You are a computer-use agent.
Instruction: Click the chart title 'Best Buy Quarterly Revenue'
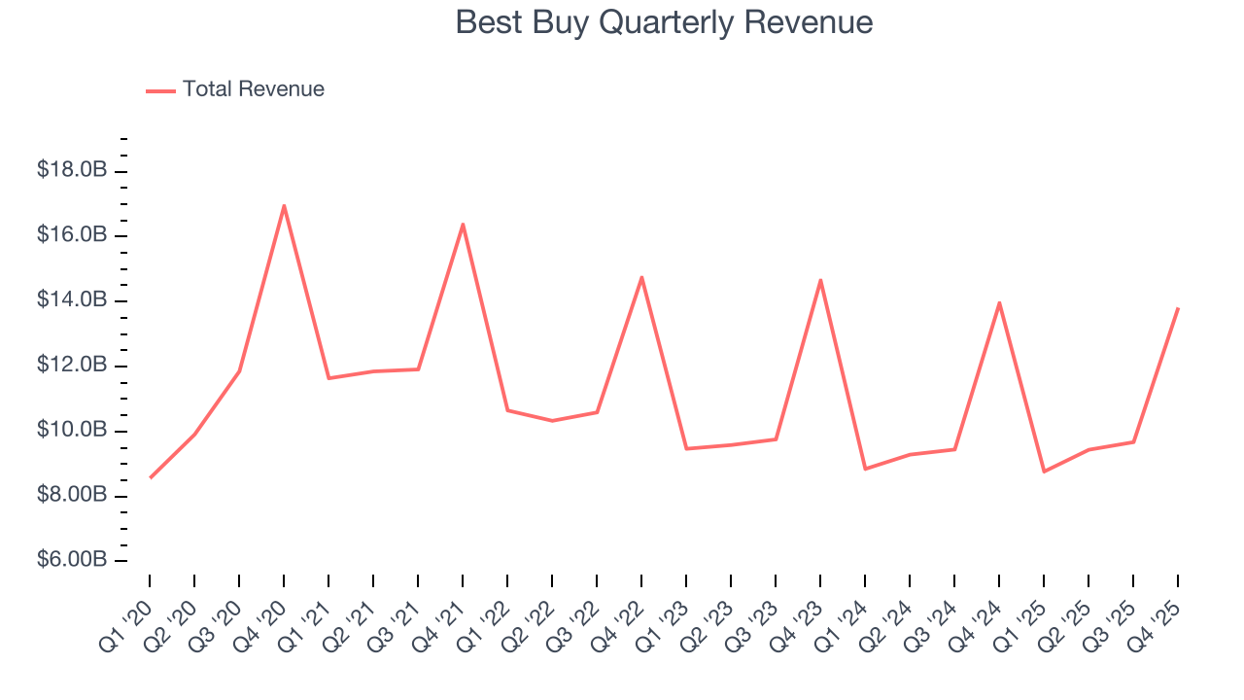(x=664, y=22)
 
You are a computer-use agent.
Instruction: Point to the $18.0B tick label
(x=72, y=170)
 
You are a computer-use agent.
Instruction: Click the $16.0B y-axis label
(x=72, y=235)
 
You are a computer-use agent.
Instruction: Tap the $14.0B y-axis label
(x=72, y=300)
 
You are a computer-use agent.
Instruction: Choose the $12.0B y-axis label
(x=72, y=366)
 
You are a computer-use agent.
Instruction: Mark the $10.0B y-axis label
(x=72, y=431)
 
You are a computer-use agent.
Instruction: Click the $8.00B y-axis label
(x=72, y=496)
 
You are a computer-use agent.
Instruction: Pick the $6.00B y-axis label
(x=72, y=561)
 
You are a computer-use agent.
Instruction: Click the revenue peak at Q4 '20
(x=284, y=205)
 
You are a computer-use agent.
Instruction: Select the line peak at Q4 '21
(x=463, y=224)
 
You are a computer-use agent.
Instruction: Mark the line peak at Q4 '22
(x=641, y=277)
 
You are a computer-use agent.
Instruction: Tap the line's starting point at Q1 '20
(x=150, y=477)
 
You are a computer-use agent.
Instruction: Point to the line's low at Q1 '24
(x=865, y=469)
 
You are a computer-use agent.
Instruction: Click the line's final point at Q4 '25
(x=1178, y=308)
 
